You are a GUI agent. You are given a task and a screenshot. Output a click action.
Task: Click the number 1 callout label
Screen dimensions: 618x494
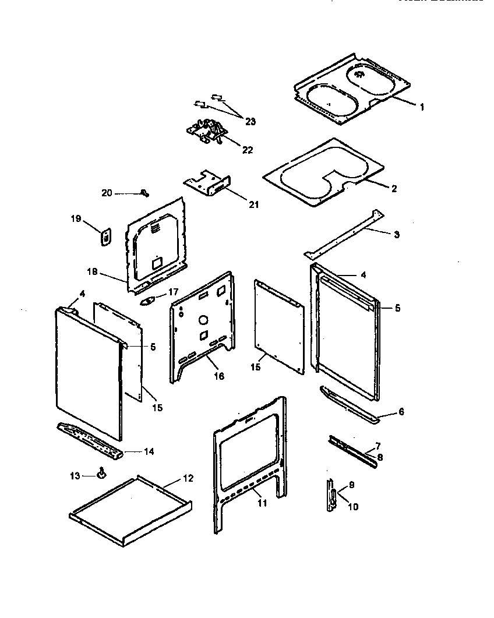(x=422, y=107)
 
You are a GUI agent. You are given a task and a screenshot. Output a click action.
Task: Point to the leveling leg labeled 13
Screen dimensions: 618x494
(x=101, y=473)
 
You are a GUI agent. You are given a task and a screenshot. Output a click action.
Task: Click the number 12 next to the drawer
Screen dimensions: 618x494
(x=187, y=478)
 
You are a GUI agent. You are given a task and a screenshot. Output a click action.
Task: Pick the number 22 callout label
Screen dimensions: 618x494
(x=247, y=150)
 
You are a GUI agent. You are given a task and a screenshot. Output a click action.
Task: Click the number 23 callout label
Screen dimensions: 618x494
(x=250, y=121)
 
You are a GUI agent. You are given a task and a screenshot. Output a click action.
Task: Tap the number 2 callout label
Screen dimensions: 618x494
(x=394, y=188)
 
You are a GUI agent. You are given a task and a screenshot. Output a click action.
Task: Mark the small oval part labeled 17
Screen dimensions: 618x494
(x=149, y=301)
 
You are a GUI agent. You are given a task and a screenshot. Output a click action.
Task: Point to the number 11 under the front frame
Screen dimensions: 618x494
(x=262, y=503)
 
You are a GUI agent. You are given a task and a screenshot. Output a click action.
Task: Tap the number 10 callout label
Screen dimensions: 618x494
(x=353, y=507)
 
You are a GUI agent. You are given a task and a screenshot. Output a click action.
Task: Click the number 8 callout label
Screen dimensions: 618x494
(x=380, y=457)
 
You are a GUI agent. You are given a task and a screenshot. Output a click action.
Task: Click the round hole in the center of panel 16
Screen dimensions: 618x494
(x=203, y=320)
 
